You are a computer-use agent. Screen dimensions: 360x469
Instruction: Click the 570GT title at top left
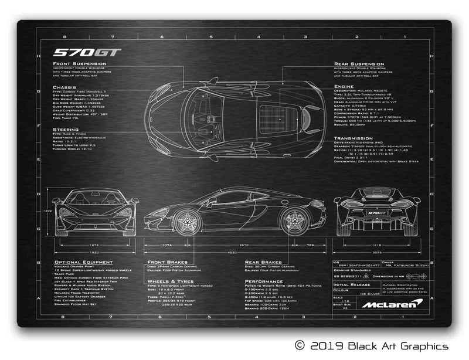point(87,52)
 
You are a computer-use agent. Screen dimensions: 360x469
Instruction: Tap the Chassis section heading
point(64,87)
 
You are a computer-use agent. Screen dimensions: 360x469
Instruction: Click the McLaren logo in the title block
point(390,304)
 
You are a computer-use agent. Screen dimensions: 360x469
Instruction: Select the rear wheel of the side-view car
point(293,221)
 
